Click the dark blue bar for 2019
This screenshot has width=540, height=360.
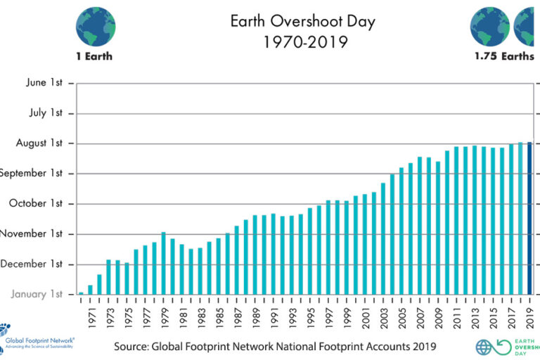(x=529, y=218)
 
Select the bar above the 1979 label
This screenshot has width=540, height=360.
(x=163, y=263)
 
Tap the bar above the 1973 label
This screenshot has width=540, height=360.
(x=108, y=277)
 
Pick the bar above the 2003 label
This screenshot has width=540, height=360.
(x=383, y=238)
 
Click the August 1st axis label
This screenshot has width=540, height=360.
(x=39, y=143)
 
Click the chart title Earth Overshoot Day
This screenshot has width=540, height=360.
(x=302, y=21)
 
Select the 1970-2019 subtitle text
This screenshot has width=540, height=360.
(x=302, y=42)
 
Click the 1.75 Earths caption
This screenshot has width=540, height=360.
(x=503, y=56)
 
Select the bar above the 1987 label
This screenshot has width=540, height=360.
(x=236, y=260)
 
